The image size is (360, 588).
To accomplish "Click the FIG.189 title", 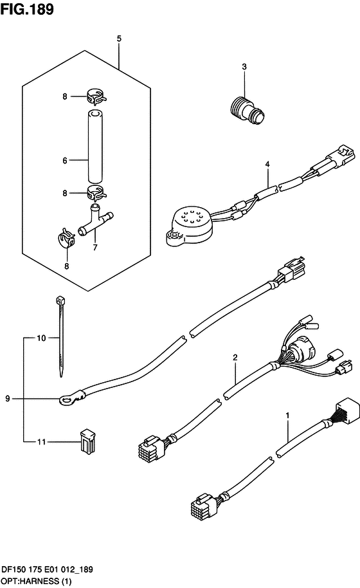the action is (27, 9).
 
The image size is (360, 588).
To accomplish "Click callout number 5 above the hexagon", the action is (119, 38).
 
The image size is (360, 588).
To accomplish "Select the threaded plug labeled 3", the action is (248, 110).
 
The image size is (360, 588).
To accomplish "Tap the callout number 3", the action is (244, 67).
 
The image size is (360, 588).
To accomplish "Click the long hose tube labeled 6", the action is (95, 146).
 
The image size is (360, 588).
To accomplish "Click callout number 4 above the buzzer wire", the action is (267, 164).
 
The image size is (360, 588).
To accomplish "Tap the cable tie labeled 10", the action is (60, 336).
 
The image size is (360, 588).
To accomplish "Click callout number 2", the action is (235, 358).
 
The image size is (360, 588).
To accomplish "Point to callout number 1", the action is (288, 416).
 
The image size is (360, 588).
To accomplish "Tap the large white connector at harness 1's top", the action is (347, 411).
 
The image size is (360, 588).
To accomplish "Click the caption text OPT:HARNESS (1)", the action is (36, 582).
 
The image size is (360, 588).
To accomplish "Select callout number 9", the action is (8, 398).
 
